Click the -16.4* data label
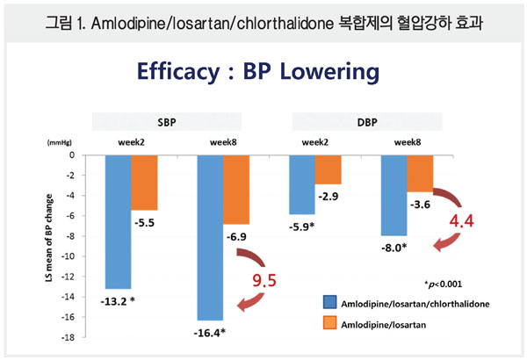(209, 331)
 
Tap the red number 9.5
(265, 283)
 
